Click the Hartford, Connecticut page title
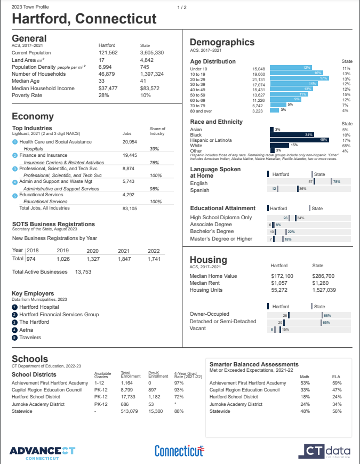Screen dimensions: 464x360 click(84, 19)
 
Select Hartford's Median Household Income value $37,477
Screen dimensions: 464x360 click(109, 88)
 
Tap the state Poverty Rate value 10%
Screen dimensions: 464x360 click(146, 95)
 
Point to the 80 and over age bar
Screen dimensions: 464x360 click(274, 110)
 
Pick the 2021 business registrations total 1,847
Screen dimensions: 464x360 click(124, 258)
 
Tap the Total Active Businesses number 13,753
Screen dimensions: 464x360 click(83, 272)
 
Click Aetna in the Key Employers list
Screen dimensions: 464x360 click(27, 330)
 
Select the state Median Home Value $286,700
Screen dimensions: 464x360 click(323, 276)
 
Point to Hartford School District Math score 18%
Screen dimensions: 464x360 click(305, 397)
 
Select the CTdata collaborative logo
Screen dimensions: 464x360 click(327, 451)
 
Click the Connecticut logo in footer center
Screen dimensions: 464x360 click(179, 451)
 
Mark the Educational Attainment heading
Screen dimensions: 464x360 click(222, 208)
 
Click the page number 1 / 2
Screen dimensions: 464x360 click(182, 7)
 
